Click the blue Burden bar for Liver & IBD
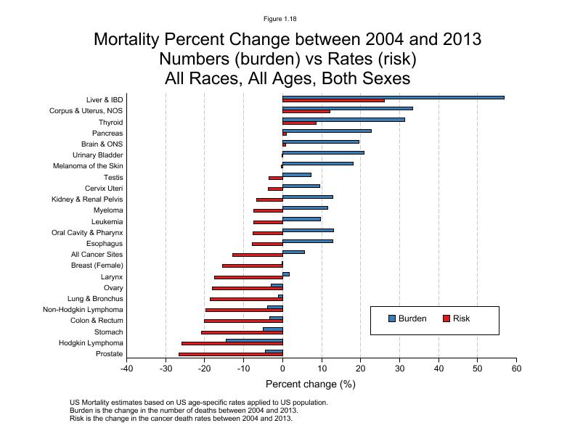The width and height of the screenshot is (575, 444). pos(392,97)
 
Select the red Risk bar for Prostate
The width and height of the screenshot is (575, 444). pos(230,354)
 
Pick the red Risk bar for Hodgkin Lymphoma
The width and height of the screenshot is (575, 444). pos(232,343)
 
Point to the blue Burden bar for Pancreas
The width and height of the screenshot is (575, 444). pos(327,131)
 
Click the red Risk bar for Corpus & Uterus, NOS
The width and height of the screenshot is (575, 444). pos(306,112)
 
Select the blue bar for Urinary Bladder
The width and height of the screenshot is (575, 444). pos(323,152)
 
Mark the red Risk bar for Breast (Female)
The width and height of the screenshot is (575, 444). pos(252,266)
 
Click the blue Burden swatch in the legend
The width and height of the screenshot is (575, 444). pos(392,318)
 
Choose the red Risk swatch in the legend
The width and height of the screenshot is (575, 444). pos(446,318)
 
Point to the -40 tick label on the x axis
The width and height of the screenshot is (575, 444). pos(127,369)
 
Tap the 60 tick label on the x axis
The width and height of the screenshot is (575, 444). pos(516,369)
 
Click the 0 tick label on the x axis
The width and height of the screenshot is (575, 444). pos(282,369)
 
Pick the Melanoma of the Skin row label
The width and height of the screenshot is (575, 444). pos(87,166)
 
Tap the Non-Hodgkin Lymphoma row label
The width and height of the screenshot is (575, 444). pos(83,310)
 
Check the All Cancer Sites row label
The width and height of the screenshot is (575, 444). pos(97,255)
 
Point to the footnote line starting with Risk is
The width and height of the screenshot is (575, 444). pos(181,418)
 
